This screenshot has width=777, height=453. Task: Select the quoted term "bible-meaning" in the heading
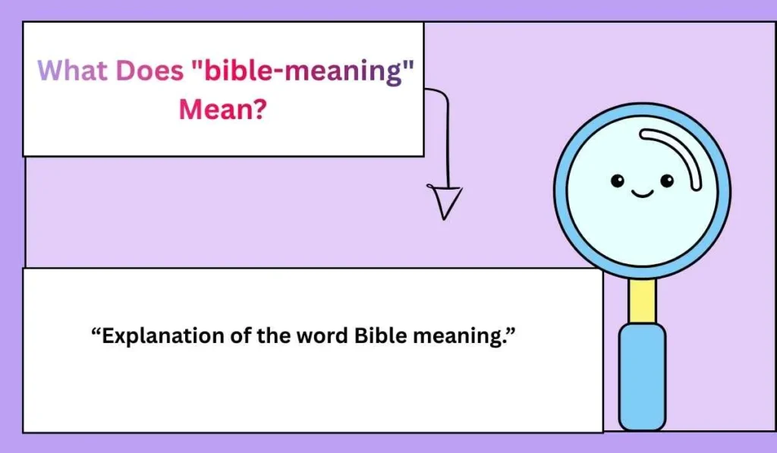click(x=303, y=71)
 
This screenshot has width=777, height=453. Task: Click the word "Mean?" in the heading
click(x=222, y=110)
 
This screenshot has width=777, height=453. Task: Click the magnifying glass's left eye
click(x=618, y=181)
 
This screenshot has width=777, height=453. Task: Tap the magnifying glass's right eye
click(x=667, y=181)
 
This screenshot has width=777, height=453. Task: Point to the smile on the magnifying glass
click(x=642, y=193)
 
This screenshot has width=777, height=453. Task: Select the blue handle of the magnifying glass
click(x=642, y=376)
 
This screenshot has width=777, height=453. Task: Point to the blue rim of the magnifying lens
click(x=562, y=190)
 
